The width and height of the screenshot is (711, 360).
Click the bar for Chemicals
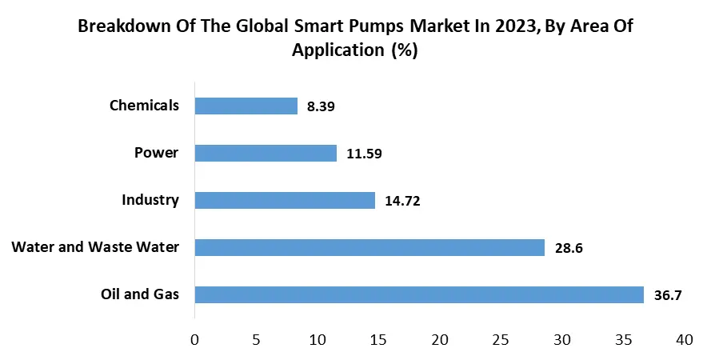pos(246,106)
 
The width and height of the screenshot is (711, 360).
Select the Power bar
pos(266,153)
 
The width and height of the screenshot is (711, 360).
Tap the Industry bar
pos(285,200)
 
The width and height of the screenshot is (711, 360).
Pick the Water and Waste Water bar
pos(369,247)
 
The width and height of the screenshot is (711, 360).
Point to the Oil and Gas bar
pos(419,294)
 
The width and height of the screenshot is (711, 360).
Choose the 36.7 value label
pos(668,295)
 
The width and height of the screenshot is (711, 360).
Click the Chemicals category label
pos(143,105)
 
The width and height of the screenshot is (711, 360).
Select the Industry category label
pos(150,199)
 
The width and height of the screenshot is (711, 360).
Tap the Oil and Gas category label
pos(140,294)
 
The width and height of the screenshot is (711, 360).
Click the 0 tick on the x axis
pos(195,339)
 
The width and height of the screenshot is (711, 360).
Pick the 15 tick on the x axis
pos(378,339)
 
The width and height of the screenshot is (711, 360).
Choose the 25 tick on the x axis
pos(501,339)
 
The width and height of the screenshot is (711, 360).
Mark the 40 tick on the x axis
pos(684,339)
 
